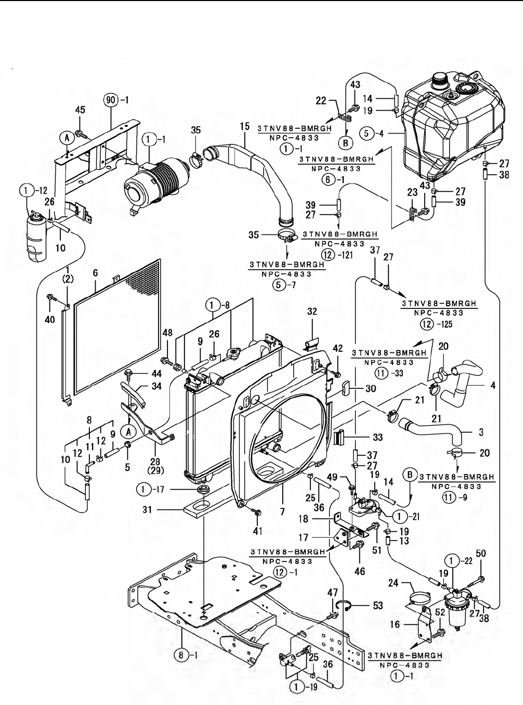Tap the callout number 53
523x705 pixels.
tap(378, 606)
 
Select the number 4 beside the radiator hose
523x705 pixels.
tap(493, 386)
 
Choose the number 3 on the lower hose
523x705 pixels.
tap(480, 431)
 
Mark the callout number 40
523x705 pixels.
tap(50, 320)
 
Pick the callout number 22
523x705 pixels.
tap(321, 100)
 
